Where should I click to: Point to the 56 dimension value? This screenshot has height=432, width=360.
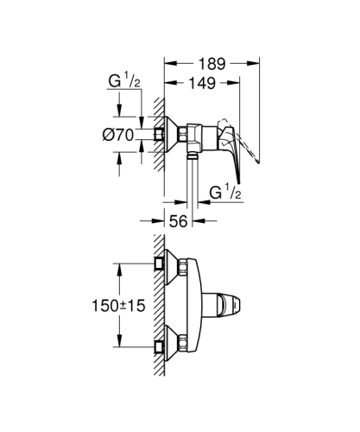(179, 222)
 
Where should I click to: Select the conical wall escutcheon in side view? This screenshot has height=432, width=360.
(173, 134)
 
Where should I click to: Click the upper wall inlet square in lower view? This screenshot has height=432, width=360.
(160, 260)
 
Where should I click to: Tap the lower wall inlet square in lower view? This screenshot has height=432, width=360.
(160, 349)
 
